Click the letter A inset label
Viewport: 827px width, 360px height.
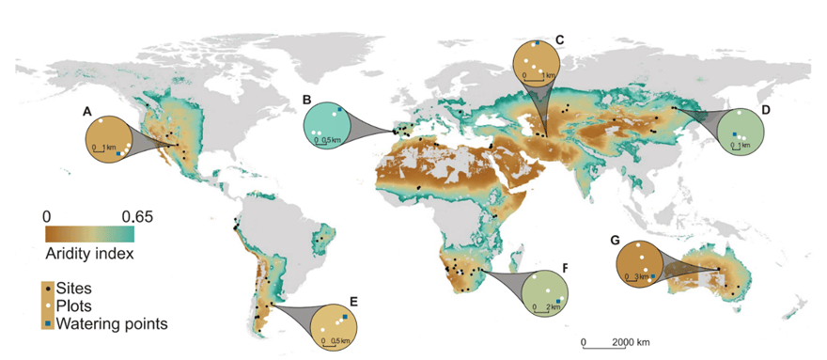pyautogui.click(x=86, y=111)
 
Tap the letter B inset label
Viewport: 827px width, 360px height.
pyautogui.click(x=307, y=98)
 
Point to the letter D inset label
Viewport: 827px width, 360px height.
pyautogui.click(x=766, y=110)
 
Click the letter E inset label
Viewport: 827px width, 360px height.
pyautogui.click(x=353, y=301)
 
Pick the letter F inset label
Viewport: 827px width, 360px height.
pyautogui.click(x=565, y=267)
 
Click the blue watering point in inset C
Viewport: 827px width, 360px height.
pyautogui.click(x=536, y=44)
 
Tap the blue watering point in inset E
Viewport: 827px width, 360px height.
pyautogui.click(x=344, y=319)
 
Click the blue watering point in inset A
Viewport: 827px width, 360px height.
pyautogui.click(x=117, y=152)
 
